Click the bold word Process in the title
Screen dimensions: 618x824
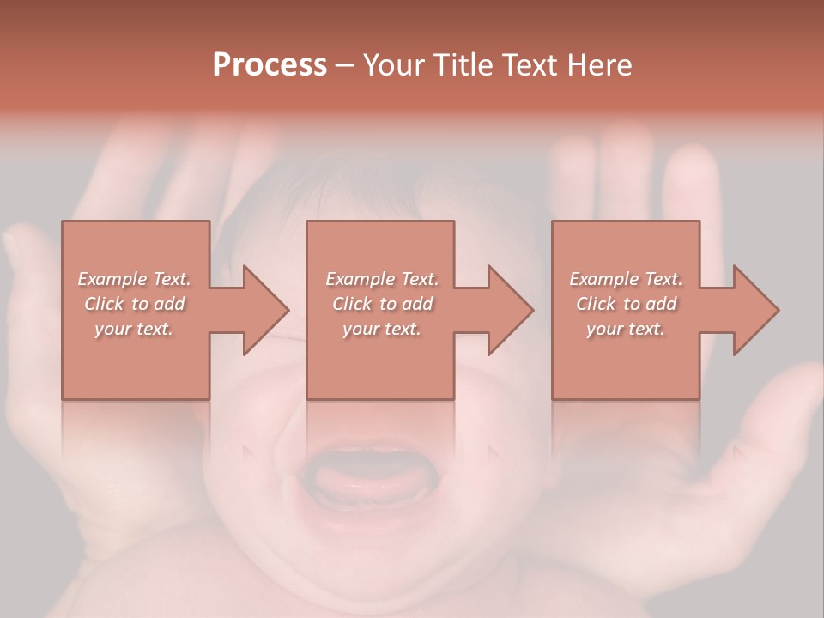270,65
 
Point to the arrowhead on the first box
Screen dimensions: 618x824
266,310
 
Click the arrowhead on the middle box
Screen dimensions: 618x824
511,310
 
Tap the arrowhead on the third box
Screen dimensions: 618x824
756,310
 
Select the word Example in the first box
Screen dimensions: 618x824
112,279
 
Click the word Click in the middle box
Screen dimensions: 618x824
351,304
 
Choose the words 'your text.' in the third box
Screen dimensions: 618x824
625,329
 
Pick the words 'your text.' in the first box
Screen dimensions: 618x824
134,329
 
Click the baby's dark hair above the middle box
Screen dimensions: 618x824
378,193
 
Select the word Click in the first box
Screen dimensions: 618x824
103,304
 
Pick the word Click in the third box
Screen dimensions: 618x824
596,304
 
